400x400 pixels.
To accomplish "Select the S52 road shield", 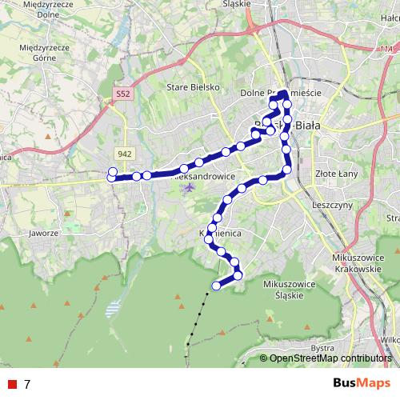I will (122, 94).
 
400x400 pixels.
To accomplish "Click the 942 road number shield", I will (123, 154).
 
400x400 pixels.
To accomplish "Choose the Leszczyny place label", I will (334, 205).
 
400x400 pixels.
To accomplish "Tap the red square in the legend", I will (10, 384).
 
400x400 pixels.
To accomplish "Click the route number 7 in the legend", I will (27, 384).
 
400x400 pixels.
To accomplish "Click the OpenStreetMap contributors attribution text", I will (330, 358).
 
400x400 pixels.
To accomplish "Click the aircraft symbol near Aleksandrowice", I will (189, 188).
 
